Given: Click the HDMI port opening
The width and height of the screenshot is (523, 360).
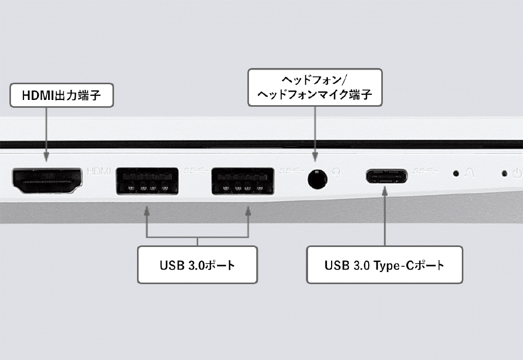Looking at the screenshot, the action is (x=47, y=181).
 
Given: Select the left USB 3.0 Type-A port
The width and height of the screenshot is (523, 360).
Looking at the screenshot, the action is (x=147, y=181).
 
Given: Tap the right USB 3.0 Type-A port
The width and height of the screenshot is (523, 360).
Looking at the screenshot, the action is (x=243, y=181).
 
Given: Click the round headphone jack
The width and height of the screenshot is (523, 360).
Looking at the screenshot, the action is (x=317, y=179).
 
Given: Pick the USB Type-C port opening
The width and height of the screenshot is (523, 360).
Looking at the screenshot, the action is (x=386, y=176).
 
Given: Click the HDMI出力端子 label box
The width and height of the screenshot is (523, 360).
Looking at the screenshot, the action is (x=61, y=95).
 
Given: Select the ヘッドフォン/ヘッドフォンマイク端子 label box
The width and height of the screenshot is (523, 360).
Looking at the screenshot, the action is (x=315, y=87).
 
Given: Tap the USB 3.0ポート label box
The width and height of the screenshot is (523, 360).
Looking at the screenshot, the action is (x=198, y=265).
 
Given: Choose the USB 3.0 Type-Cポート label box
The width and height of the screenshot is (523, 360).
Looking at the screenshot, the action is (x=384, y=265).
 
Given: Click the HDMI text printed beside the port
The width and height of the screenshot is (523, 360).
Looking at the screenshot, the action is (x=99, y=172).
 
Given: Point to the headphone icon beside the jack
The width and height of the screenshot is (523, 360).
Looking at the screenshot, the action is (x=337, y=173).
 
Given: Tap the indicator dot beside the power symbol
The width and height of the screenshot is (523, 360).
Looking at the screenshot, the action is (x=505, y=173).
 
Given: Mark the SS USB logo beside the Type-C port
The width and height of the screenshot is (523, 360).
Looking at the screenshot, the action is (x=425, y=171).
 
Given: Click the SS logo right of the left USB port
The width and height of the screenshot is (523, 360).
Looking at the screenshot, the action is (x=196, y=171).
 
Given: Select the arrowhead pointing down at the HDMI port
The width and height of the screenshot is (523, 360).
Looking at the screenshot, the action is (x=47, y=157).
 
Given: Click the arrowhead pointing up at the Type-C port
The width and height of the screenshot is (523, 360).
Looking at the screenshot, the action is (x=384, y=191).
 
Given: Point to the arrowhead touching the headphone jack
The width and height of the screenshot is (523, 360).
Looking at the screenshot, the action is (x=315, y=157).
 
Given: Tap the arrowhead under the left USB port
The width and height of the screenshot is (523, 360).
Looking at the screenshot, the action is (x=147, y=211).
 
